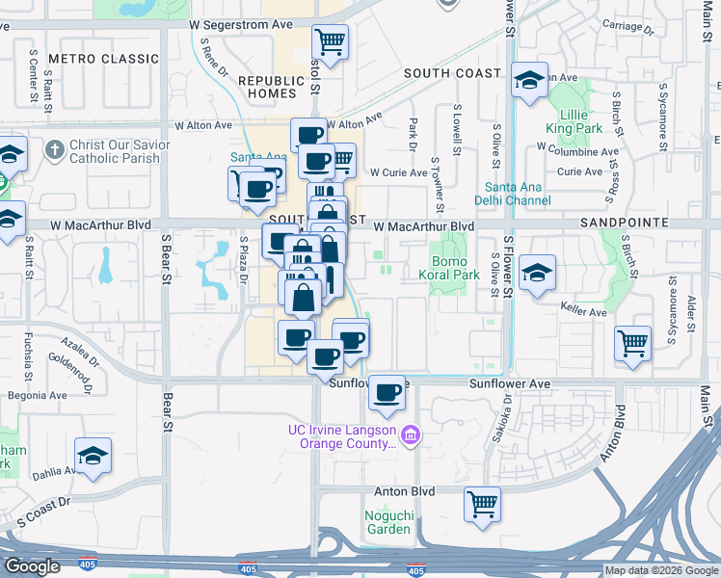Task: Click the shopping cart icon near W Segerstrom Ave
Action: pyautogui.click(x=331, y=43)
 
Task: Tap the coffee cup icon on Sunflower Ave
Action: pyautogui.click(x=387, y=393)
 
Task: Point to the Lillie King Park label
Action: pyautogui.click(x=574, y=121)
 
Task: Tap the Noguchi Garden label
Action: pyautogui.click(x=388, y=522)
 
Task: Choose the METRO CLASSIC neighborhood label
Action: pyautogui.click(x=102, y=59)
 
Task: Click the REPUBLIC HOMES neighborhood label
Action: pyautogui.click(x=271, y=88)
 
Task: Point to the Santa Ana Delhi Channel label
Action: pyautogui.click(x=518, y=194)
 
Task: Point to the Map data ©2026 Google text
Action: pyautogui.click(x=661, y=570)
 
